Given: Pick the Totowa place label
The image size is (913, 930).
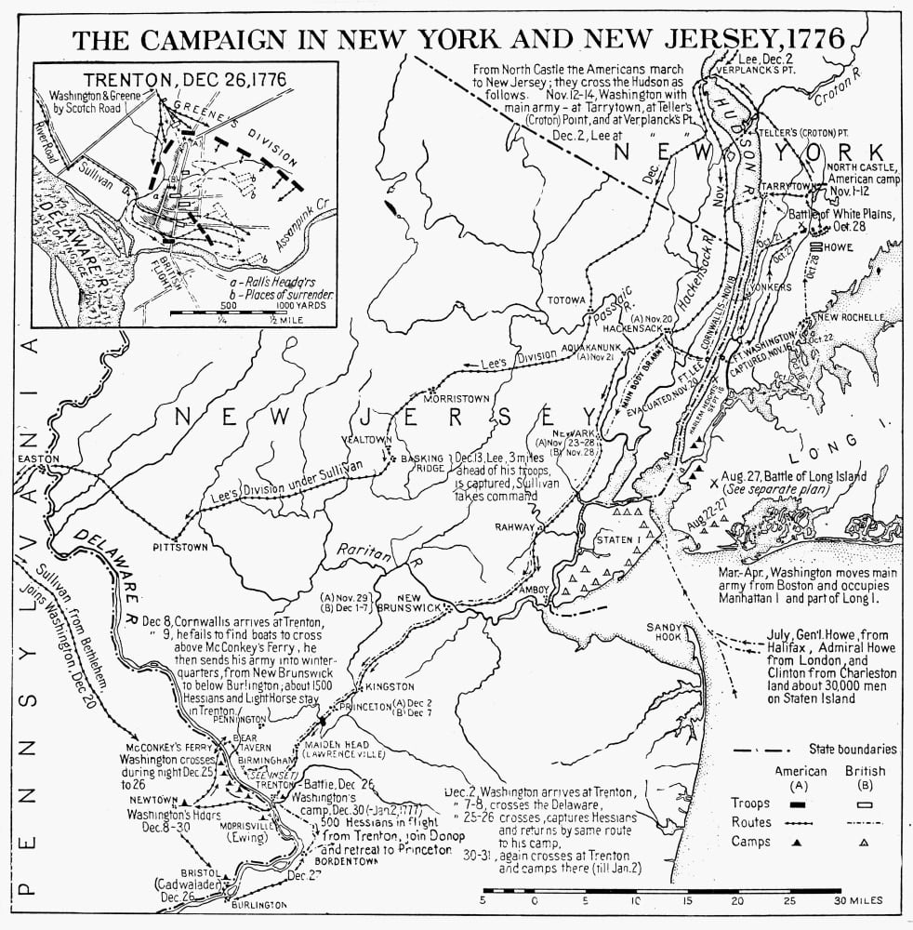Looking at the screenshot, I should (566, 300).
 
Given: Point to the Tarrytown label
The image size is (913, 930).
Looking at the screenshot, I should (787, 187).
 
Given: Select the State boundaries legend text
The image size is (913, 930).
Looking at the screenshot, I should (853, 749).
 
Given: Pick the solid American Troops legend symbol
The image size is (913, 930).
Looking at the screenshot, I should (799, 802).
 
